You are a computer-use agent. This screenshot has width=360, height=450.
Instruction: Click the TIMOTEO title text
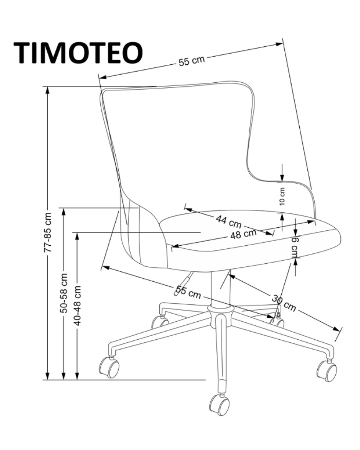click(78, 53)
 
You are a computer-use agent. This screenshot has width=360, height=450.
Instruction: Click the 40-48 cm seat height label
click(77, 306)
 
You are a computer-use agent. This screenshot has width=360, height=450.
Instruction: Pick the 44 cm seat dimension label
click(229, 222)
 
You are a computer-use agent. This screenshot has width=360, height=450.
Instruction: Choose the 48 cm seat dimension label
click(243, 234)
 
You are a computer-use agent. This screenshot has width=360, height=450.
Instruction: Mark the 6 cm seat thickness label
click(295, 247)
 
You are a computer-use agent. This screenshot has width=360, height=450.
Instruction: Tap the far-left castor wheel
click(109, 367)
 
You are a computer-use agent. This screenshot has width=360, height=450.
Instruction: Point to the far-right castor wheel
click(327, 370)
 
